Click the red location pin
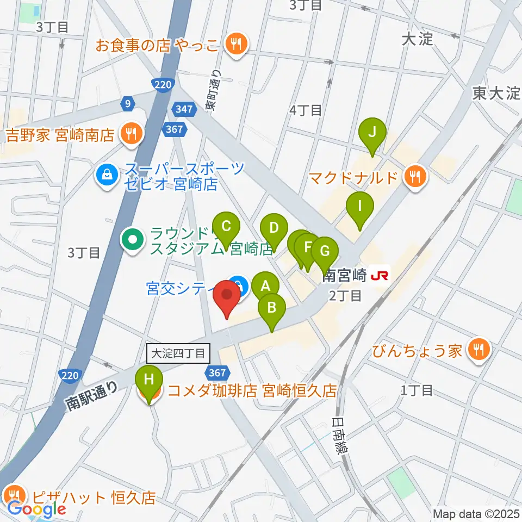pyautogui.click(x=227, y=297)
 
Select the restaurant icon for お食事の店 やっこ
pyautogui.click(x=235, y=43)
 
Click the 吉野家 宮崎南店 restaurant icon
pyautogui.click(x=130, y=132)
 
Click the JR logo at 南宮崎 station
pyautogui.click(x=379, y=276)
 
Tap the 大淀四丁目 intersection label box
pyautogui.click(x=178, y=354)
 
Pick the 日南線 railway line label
pyautogui.click(x=341, y=436)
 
